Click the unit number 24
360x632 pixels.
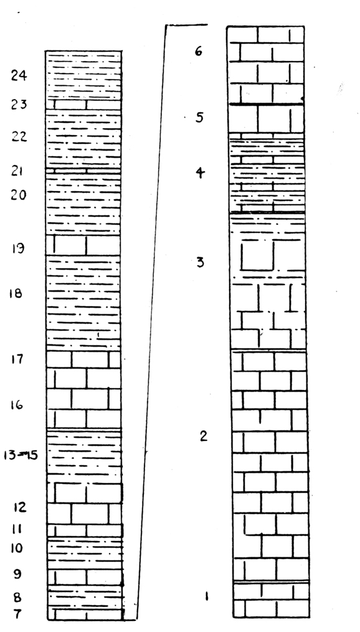[19, 76]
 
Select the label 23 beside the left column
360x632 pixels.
[19, 105]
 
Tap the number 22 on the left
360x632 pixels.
[19, 136]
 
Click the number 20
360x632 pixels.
[19, 195]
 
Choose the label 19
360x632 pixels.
[17, 248]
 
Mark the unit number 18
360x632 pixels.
[16, 294]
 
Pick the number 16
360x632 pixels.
[17, 405]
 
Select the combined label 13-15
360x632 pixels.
[21, 455]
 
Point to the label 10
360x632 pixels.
[17, 548]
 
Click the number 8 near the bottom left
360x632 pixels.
[17, 597]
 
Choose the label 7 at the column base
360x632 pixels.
[17, 615]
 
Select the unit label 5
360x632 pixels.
[199, 118]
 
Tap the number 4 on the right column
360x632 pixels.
[200, 173]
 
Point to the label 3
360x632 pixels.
[200, 262]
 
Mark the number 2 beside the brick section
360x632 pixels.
[204, 436]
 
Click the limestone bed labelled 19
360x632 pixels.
[83, 245]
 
